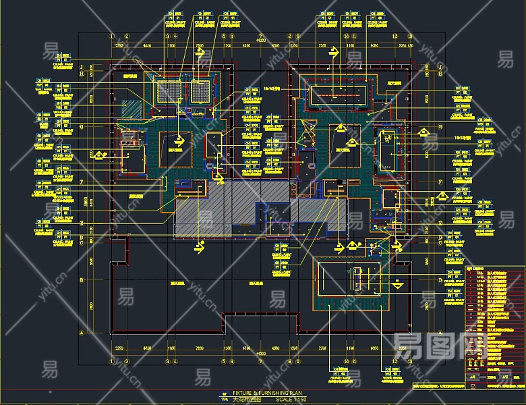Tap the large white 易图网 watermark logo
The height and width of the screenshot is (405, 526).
[x=439, y=348]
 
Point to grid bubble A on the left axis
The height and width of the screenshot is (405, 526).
[x=82, y=333]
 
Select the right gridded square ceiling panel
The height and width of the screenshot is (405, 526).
[x=200, y=92]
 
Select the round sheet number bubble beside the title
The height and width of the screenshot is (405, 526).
[x=225, y=396]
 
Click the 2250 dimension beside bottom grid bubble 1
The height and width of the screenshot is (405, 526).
[x=119, y=348]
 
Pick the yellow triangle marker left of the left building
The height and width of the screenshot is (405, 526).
[x=99, y=155]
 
